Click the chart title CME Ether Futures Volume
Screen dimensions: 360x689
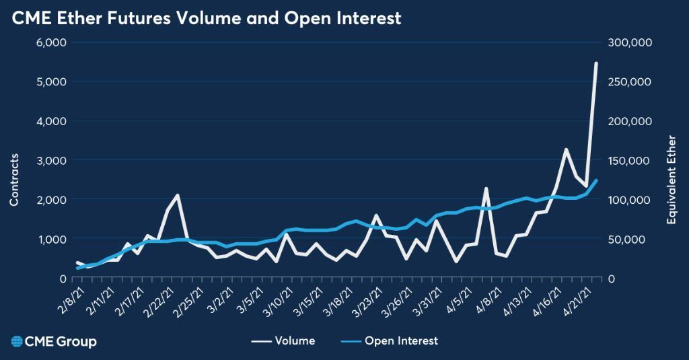click(x=207, y=18)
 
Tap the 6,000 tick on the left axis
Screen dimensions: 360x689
click(x=50, y=42)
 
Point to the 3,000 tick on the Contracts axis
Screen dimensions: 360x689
click(x=50, y=160)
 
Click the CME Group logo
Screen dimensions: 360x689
click(x=50, y=341)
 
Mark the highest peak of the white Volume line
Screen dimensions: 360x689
click(x=596, y=63)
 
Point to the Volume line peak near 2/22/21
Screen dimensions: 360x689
click(x=177, y=195)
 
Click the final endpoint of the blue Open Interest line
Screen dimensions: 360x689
click(x=596, y=180)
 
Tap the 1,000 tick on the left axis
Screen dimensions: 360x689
click(x=50, y=239)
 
